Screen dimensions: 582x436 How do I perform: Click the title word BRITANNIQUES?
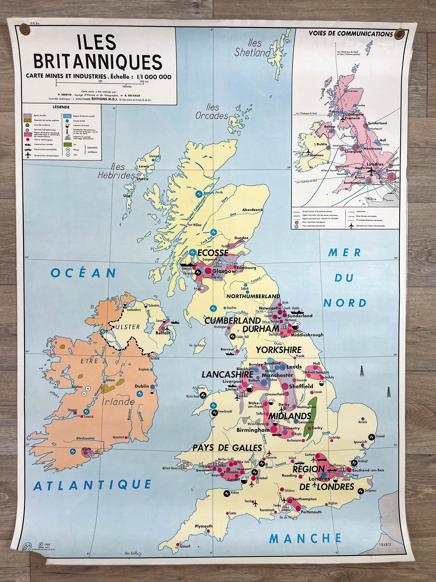(98, 62)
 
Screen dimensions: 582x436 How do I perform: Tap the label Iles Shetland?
(252, 48)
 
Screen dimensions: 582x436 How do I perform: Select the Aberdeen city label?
(251, 210)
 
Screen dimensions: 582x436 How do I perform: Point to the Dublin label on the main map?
(142, 386)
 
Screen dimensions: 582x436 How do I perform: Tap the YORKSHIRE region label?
(279, 350)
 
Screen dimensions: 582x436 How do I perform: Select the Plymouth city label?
(203, 526)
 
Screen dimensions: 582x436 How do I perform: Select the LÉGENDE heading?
(61, 107)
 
